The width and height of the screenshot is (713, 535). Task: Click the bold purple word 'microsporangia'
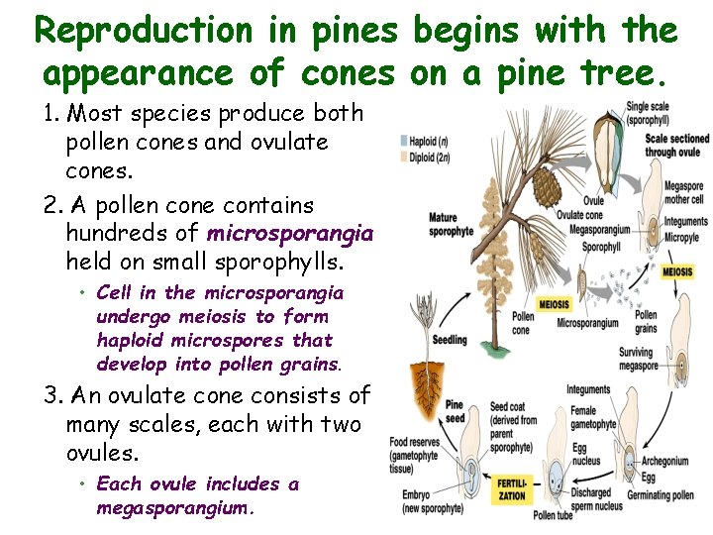289,234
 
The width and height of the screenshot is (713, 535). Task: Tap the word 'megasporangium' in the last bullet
174,508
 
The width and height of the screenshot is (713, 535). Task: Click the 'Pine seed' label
455,411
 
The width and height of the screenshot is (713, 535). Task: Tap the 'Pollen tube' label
553,515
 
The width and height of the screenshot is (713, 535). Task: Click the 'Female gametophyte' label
593,417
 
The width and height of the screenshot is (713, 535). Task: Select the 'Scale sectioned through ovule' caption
676,145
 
